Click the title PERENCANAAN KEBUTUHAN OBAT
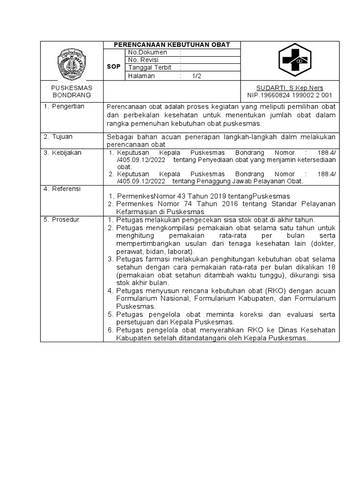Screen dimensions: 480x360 (172, 45)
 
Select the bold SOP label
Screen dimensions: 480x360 (113, 67)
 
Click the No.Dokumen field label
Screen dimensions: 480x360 (148, 52)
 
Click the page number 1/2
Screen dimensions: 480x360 (196, 75)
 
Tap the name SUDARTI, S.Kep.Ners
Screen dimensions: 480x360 (289, 88)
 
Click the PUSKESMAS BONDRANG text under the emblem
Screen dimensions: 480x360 (71, 91)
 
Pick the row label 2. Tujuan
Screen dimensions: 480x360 (59, 136)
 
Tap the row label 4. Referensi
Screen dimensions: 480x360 (62, 189)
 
